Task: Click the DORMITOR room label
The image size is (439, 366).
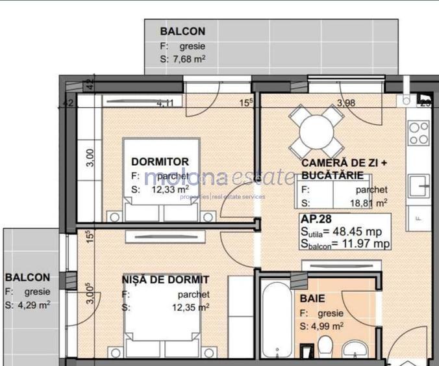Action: [x=160, y=162]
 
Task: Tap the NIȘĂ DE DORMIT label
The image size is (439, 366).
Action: [x=166, y=280]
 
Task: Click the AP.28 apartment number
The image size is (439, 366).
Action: [x=316, y=219]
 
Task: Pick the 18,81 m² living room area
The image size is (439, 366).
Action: [x=370, y=202]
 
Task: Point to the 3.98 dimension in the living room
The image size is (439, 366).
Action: [x=345, y=102]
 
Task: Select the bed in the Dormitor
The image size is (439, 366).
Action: [x=160, y=189]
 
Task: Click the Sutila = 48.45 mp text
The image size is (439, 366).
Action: [x=345, y=231]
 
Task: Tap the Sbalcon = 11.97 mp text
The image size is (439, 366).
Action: [x=345, y=244]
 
